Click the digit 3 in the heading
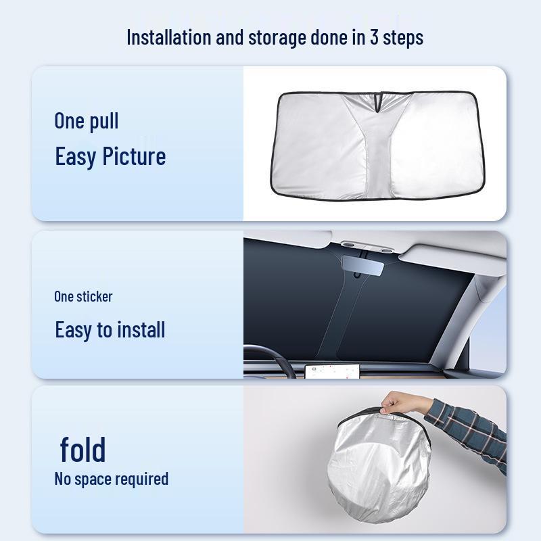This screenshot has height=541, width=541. click(x=373, y=37)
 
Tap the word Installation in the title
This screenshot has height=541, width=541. click(x=168, y=37)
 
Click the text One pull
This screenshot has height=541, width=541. click(x=87, y=121)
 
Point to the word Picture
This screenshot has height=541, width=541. click(x=134, y=156)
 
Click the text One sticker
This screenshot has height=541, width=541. click(x=83, y=296)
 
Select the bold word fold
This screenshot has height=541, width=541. click(x=83, y=449)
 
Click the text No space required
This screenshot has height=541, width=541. click(x=111, y=479)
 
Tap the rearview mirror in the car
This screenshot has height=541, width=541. click(x=362, y=265)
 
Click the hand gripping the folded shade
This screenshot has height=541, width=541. click(x=400, y=404)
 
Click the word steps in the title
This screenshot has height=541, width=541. click(x=403, y=37)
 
